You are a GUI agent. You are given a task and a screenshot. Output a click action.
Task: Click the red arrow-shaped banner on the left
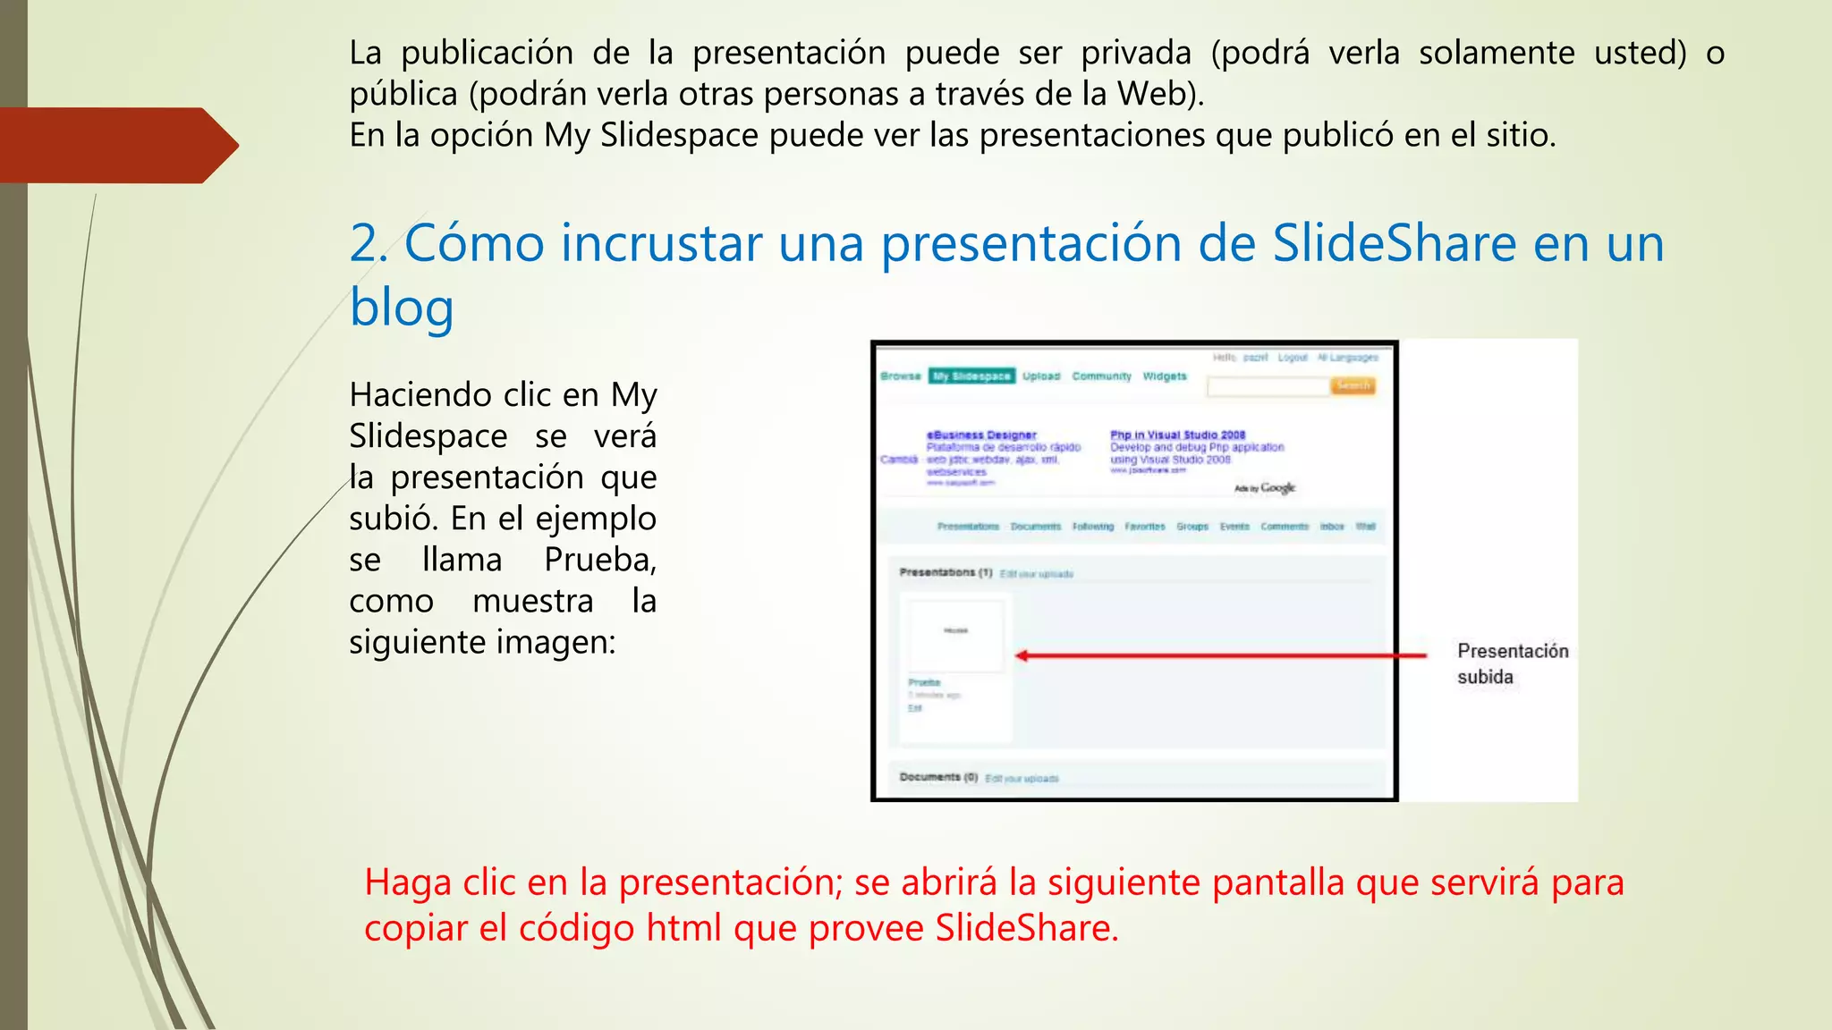[116, 145]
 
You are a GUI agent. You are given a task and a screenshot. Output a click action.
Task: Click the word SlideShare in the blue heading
[1394, 243]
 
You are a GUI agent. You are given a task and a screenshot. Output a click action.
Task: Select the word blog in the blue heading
[402, 308]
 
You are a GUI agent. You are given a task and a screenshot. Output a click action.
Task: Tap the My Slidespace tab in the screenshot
[971, 376]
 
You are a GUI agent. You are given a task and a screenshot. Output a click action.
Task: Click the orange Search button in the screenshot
[1353, 385]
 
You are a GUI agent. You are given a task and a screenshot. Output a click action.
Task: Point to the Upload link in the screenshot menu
[1041, 376]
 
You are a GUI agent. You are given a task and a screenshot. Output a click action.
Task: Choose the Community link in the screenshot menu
[1101, 376]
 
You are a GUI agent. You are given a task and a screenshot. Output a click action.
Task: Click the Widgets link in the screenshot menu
[1165, 376]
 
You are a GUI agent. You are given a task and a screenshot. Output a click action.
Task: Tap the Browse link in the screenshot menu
[900, 376]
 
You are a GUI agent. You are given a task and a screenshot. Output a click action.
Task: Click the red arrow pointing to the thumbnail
[1220, 655]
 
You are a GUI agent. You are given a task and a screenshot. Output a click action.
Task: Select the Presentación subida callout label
[1512, 663]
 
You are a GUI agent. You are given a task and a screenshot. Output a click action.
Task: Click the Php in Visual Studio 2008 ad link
[1177, 435]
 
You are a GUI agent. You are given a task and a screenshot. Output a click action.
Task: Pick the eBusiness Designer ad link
[981, 435]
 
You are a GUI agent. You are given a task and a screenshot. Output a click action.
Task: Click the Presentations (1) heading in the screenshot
[946, 572]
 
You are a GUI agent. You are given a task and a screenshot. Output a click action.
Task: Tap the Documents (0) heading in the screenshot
[938, 777]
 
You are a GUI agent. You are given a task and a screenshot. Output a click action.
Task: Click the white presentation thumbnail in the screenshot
[955, 634]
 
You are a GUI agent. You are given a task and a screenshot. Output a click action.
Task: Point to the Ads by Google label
[1265, 488]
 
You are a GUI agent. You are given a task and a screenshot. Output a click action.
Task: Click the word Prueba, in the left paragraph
[600, 560]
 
